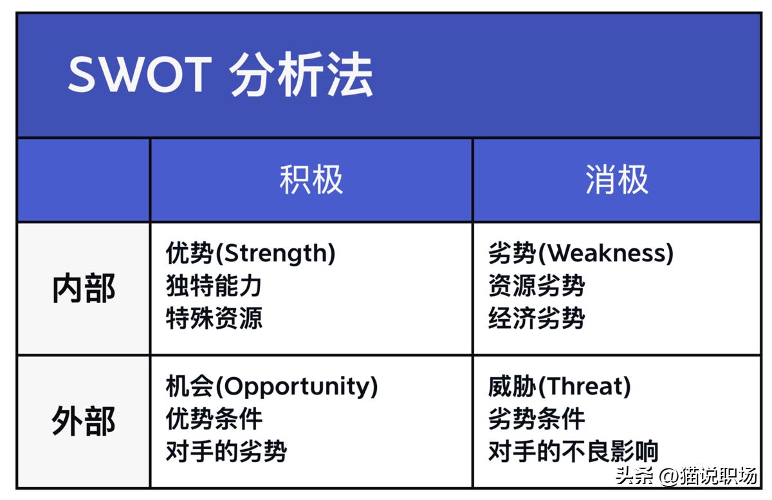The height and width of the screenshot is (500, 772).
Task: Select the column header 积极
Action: click(311, 180)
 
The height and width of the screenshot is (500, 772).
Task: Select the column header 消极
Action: click(616, 180)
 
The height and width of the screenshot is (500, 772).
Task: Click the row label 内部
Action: click(84, 288)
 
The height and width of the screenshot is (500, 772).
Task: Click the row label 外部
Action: click(84, 421)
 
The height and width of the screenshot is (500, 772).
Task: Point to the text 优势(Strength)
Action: click(251, 253)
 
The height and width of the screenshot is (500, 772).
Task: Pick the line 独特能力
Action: click(214, 286)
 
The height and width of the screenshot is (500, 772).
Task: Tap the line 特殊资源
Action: click(214, 319)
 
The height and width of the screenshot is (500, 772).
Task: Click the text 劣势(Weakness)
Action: click(581, 253)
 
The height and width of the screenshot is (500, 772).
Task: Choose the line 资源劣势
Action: click(537, 286)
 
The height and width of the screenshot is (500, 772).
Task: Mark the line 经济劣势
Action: click(537, 319)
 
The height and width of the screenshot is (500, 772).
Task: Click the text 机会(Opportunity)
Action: click(271, 386)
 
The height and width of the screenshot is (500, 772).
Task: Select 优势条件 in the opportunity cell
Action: click(214, 419)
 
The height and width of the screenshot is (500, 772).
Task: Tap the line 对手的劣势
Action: click(226, 452)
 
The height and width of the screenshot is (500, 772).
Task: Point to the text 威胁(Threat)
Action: click(560, 386)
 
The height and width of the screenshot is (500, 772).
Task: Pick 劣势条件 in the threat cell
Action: click(537, 419)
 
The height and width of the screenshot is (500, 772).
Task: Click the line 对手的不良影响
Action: click(573, 452)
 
